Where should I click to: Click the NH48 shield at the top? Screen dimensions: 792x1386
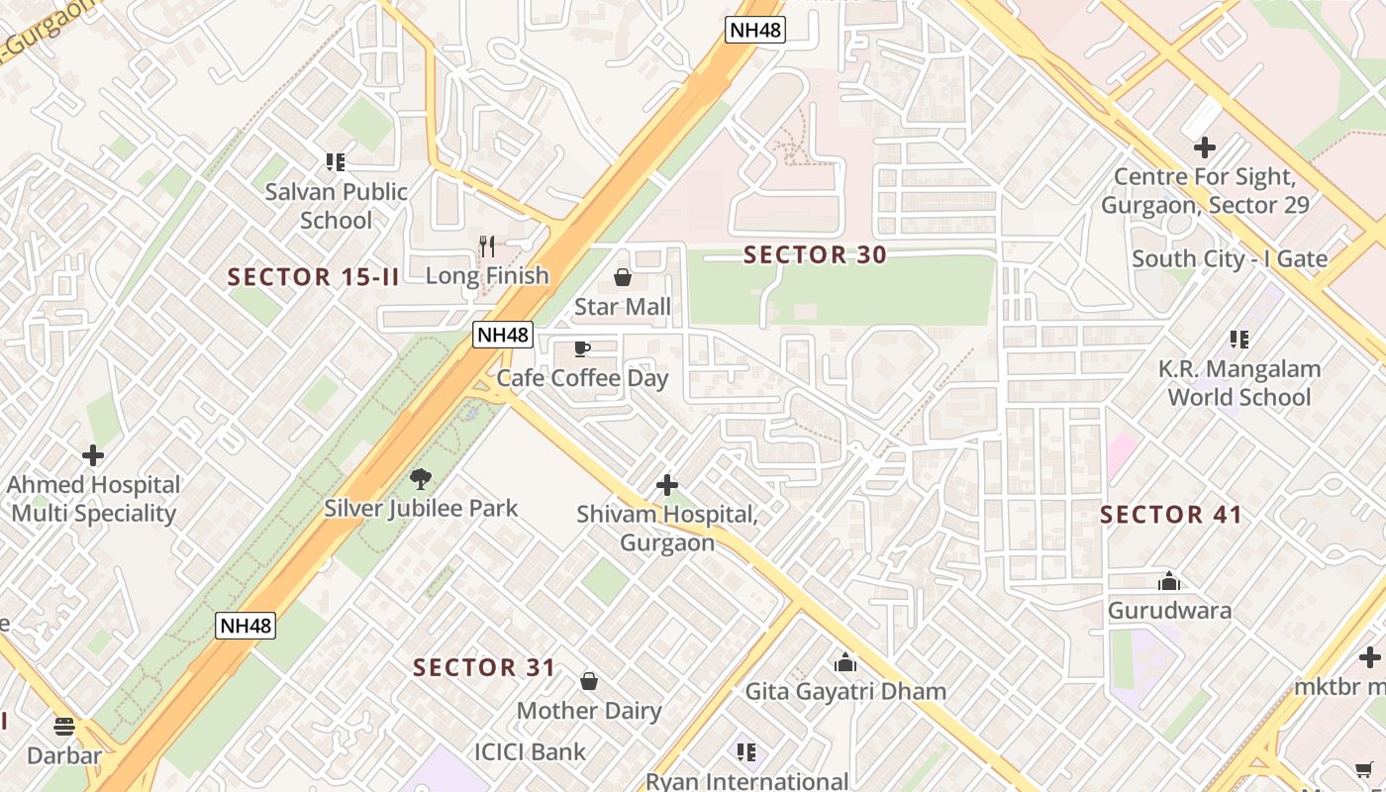pos(755,30)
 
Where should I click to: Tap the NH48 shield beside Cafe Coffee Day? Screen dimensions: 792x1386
pos(503,335)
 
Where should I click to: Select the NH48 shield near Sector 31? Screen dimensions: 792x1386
pos(245,626)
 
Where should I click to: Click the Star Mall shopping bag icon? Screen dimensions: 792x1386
pos(623,277)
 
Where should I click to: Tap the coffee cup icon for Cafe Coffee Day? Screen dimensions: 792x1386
pos(582,348)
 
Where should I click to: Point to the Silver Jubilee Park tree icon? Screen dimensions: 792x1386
pos(421,479)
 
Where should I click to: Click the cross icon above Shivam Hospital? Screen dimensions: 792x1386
pos(667,485)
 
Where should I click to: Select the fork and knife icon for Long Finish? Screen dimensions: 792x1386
pos(486,247)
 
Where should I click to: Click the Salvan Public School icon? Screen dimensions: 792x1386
pos(336,161)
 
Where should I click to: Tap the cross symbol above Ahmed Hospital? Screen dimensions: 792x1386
pos(93,455)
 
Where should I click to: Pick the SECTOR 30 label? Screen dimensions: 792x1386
pos(815,254)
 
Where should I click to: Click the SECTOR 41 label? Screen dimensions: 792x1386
pos(1170,515)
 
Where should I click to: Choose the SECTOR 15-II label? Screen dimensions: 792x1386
pos(313,277)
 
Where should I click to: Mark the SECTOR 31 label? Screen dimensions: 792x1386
pos(484,667)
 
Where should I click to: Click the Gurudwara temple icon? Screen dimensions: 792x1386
pos(1169,581)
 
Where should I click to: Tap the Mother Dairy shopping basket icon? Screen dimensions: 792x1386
pos(589,681)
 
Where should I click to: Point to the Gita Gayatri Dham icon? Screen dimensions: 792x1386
pos(845,662)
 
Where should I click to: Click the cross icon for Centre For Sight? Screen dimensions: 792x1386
pos(1204,148)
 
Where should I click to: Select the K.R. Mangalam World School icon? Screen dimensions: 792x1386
pos(1238,340)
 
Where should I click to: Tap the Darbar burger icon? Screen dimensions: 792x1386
pos(64,727)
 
